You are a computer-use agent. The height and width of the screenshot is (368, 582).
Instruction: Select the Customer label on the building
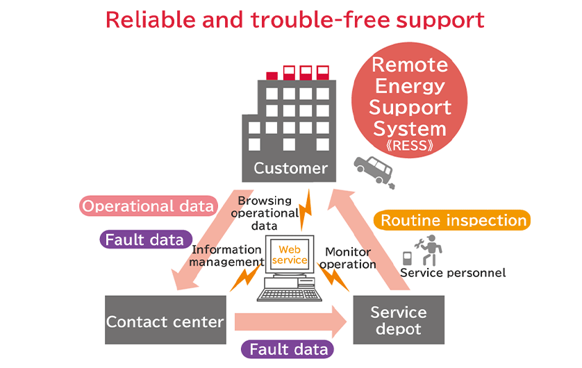click(290, 168)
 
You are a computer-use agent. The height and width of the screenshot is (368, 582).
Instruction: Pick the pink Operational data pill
click(147, 206)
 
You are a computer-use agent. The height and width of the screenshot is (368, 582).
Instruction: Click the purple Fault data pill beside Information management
click(145, 240)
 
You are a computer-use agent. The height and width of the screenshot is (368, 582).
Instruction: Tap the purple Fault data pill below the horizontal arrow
click(288, 349)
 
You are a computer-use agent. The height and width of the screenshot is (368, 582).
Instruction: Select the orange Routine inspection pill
click(454, 221)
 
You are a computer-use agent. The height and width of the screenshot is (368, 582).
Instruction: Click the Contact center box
click(165, 321)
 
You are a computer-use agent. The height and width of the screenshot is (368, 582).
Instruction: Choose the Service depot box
click(399, 320)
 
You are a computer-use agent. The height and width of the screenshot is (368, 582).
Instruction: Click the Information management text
click(227, 256)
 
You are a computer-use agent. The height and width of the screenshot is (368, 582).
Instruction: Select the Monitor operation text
click(349, 258)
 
